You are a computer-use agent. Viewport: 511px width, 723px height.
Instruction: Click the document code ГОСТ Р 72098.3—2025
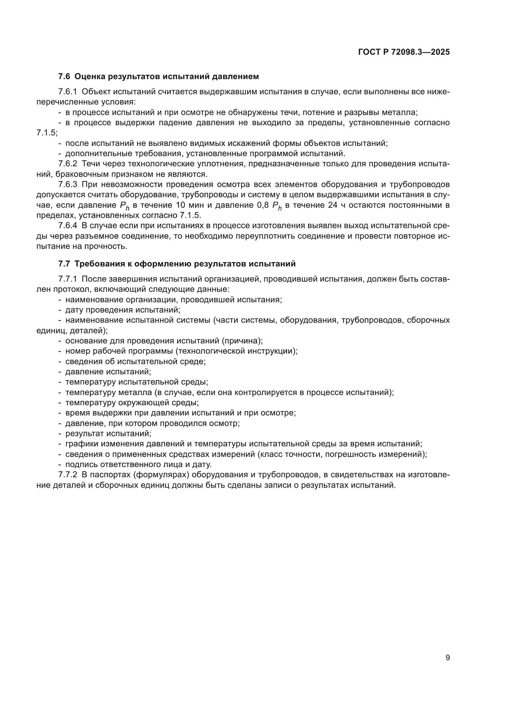click(404, 52)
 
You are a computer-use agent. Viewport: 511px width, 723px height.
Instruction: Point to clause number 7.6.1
click(68, 92)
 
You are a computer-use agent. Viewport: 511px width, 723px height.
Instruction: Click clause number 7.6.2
click(68, 164)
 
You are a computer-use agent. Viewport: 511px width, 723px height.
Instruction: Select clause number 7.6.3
click(68, 185)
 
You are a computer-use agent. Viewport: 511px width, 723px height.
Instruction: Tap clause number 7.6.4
click(68, 226)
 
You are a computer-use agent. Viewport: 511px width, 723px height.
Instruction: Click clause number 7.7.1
click(68, 279)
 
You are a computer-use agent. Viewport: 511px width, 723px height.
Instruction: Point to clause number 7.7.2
click(68, 475)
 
